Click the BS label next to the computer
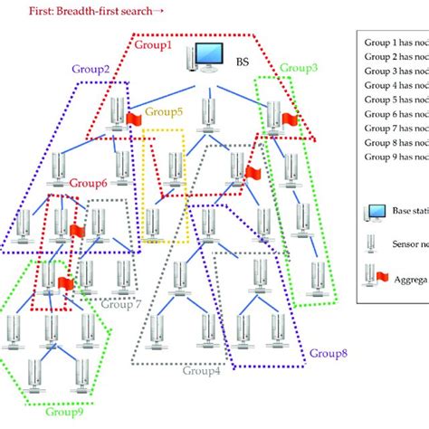point(242,64)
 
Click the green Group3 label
point(298,67)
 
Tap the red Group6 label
point(88,183)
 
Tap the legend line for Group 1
point(394,42)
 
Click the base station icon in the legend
point(373,213)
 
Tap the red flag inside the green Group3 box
point(290,119)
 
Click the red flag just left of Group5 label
point(133,119)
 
